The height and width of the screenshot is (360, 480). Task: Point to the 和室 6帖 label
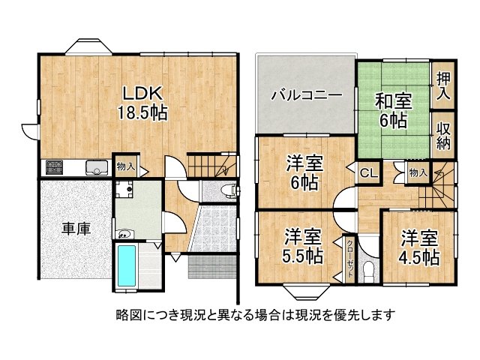coord(391,109)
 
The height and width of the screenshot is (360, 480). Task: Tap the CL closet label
coord(368,173)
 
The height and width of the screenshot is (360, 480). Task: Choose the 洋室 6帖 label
coord(303,172)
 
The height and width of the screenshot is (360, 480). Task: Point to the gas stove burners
coord(55,166)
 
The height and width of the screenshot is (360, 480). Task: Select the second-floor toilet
coord(367,268)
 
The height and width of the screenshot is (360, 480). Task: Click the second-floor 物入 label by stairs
coord(417,173)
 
